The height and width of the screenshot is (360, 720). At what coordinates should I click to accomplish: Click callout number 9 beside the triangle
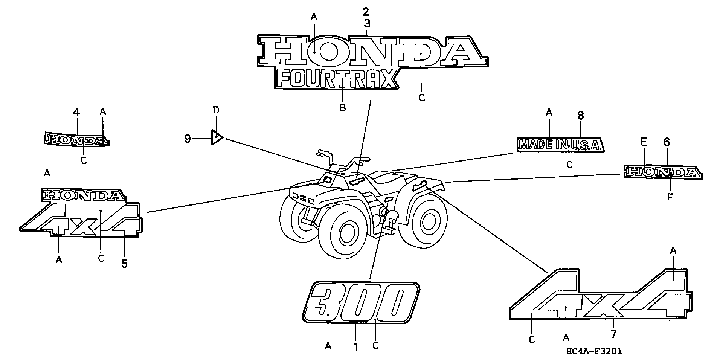coord(187,139)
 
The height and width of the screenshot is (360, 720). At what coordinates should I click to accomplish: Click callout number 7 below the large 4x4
coord(613,334)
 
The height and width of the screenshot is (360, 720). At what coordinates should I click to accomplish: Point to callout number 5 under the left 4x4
coord(124,264)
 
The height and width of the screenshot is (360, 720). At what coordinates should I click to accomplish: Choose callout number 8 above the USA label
coord(580,116)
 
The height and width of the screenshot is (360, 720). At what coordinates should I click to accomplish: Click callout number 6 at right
coord(667,142)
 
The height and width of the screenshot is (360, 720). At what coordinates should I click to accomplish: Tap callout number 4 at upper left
coord(76,112)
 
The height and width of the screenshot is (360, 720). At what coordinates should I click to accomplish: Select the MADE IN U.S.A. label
coord(560,144)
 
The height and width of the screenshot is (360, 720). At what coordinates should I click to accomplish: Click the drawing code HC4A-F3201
coord(594,351)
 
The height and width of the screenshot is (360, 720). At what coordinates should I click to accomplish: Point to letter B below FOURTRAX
coord(342,108)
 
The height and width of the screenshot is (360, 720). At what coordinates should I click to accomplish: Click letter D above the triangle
coord(216,110)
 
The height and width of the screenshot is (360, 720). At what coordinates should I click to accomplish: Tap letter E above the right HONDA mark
coord(644,142)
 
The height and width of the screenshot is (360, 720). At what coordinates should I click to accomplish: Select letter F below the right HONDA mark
coord(670,197)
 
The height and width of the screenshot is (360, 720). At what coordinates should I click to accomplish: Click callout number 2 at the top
coord(366,12)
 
